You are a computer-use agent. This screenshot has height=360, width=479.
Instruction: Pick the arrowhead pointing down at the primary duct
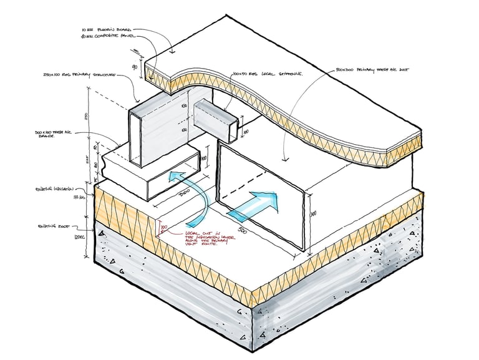[x=284, y=150]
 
